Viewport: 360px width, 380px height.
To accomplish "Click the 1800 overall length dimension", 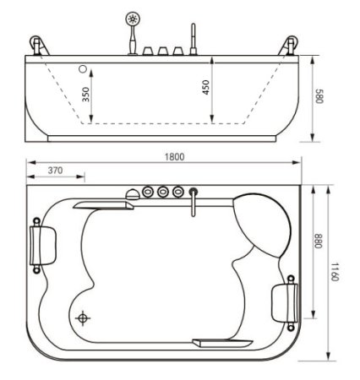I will [x=175, y=156].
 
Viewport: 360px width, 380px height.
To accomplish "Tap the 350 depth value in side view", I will [x=86, y=94].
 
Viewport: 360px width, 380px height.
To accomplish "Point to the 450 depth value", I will [x=205, y=87].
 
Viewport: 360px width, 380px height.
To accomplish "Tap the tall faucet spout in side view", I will [x=193, y=39].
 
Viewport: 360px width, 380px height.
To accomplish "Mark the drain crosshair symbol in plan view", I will [x=83, y=318].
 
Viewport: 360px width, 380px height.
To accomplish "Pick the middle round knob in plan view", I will [x=161, y=193].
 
